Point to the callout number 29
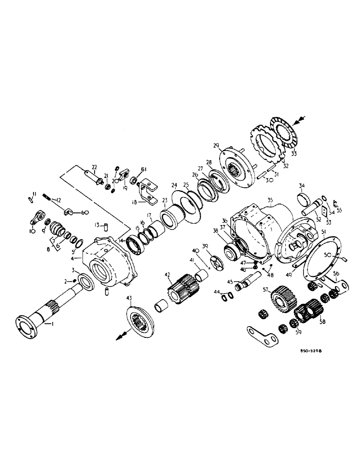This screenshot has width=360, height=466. click(x=215, y=146)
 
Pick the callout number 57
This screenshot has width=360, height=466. click(x=266, y=289)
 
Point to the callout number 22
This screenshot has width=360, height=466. click(x=94, y=167)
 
